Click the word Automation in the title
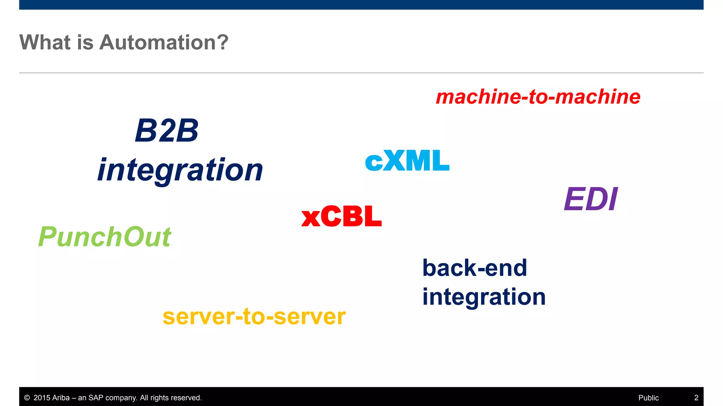[157, 42]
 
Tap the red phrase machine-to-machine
[538, 97]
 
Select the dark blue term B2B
[167, 131]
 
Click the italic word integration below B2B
[180, 170]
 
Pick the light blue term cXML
[407, 161]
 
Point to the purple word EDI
[591, 199]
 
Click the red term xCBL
[341, 216]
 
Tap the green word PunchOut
[104, 237]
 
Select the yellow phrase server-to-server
[254, 316]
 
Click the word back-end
[474, 268]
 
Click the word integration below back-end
[484, 297]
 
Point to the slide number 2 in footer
[696, 398]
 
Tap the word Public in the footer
[648, 398]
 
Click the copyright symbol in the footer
[27, 398]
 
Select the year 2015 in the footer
[42, 398]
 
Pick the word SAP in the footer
[96, 398]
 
